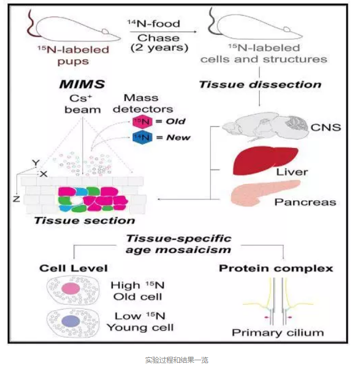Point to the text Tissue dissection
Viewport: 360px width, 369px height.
[260, 84]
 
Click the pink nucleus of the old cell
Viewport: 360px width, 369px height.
[70, 289]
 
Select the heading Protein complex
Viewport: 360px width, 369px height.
[276, 268]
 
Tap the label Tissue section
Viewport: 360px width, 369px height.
[84, 220]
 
